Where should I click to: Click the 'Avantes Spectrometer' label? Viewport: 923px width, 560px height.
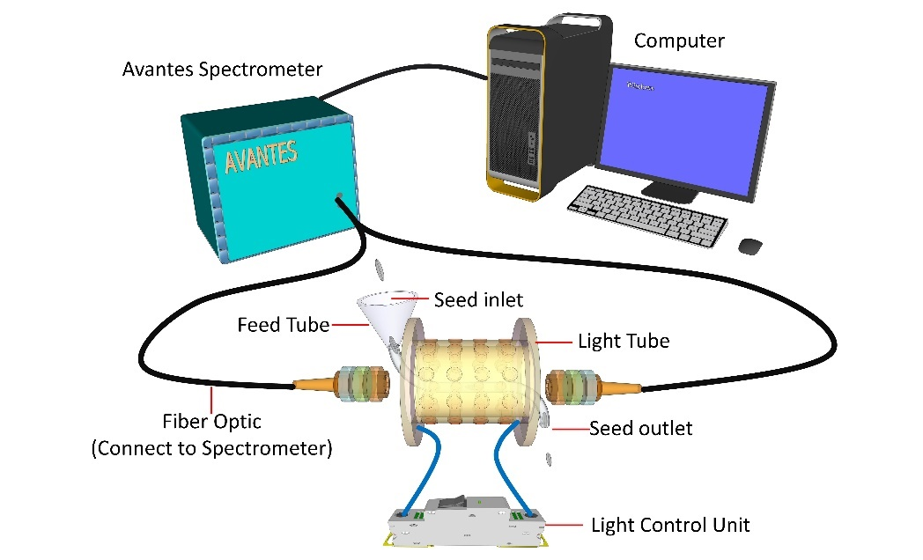click(222, 69)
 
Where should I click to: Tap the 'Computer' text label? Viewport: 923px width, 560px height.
click(679, 41)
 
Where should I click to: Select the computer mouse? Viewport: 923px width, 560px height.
click(750, 245)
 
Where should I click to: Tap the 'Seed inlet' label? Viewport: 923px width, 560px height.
click(478, 300)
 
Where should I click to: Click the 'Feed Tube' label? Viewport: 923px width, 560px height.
click(284, 325)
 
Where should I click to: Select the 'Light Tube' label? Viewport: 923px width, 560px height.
click(623, 341)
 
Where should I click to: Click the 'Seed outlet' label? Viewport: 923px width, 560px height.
click(640, 429)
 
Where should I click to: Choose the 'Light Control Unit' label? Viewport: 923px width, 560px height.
click(670, 526)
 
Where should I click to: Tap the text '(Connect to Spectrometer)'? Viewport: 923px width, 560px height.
click(211, 448)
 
